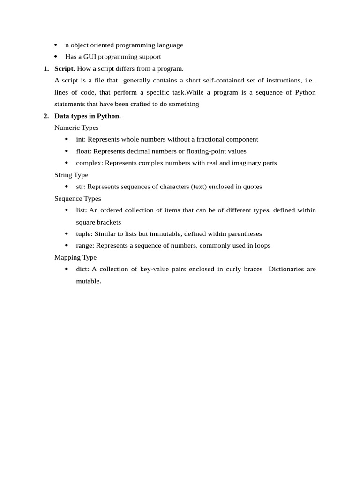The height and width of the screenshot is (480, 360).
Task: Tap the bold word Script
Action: [x=64, y=68]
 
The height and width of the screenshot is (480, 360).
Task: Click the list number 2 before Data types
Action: [x=46, y=116]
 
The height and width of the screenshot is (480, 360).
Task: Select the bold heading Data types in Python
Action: [x=88, y=116]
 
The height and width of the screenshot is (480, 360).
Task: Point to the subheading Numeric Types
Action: [x=76, y=127]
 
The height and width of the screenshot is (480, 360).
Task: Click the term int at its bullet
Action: [x=81, y=139]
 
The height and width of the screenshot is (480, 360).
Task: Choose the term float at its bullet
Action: [x=83, y=151]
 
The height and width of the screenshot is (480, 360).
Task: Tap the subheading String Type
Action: [x=71, y=175]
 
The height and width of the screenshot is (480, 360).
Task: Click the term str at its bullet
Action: [x=80, y=187]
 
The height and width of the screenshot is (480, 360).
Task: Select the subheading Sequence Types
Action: [x=77, y=198]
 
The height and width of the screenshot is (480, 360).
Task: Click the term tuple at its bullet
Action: [x=84, y=233]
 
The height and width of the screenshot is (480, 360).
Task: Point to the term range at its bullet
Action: [x=84, y=246]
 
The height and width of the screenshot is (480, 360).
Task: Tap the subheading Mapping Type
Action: [x=75, y=257]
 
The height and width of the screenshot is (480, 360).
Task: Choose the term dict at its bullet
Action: [x=82, y=269]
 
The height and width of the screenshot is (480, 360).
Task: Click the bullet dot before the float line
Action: [x=66, y=151]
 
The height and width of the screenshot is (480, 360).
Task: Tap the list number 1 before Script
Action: [x=46, y=68]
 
